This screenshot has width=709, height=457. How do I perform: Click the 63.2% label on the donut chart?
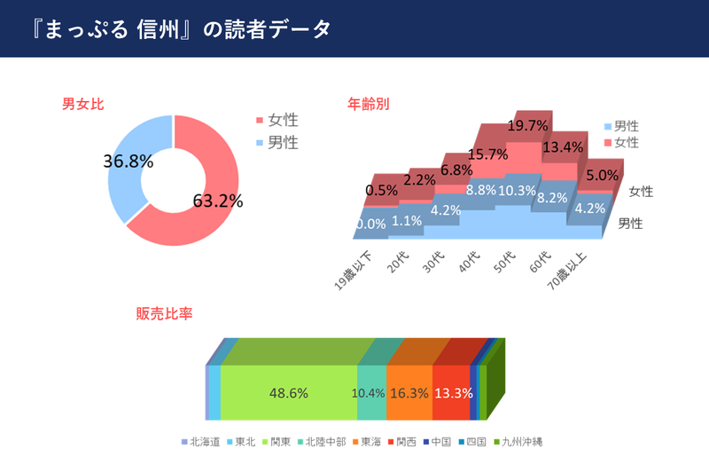(217, 201)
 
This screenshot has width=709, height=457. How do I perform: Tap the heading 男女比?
(83, 103)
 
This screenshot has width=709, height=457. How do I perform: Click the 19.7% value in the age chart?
(527, 126)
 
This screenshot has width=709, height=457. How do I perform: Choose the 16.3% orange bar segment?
(409, 392)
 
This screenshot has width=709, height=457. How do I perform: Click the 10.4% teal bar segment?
(370, 392)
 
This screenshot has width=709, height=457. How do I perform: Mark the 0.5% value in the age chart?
(381, 191)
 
